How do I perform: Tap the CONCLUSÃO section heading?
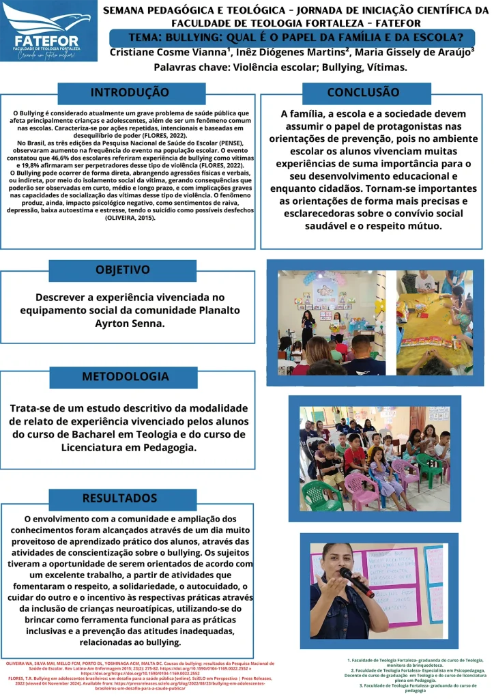[x=363, y=92]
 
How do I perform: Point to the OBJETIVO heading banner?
[x=123, y=270]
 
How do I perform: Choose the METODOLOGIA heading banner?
[x=126, y=377]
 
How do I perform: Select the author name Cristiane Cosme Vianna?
[x=169, y=53]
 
